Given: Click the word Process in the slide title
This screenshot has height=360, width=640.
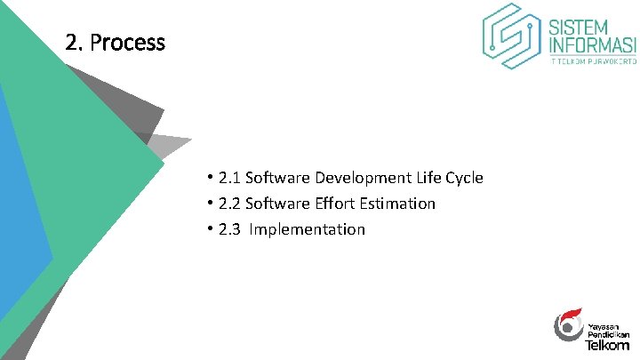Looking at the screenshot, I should [128, 43].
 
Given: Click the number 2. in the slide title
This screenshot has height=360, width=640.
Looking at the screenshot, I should [75, 43].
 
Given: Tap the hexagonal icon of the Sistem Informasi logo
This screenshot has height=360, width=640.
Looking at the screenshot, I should [512, 36].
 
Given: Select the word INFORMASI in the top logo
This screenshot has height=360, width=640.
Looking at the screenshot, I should [593, 44].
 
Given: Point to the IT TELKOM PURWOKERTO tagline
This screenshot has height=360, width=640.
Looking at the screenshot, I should [593, 63].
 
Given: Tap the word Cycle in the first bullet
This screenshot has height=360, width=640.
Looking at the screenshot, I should [461, 178].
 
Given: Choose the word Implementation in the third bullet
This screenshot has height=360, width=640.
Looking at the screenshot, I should [308, 229].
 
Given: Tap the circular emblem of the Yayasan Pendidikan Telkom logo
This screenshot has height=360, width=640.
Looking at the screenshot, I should [568, 325].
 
